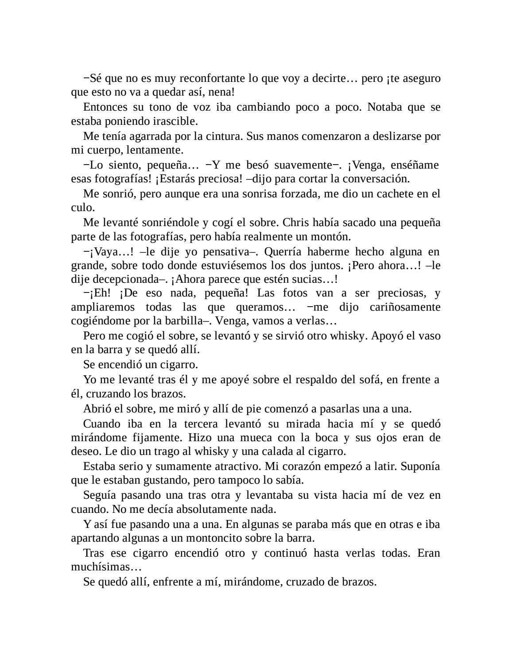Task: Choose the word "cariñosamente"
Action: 402,307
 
